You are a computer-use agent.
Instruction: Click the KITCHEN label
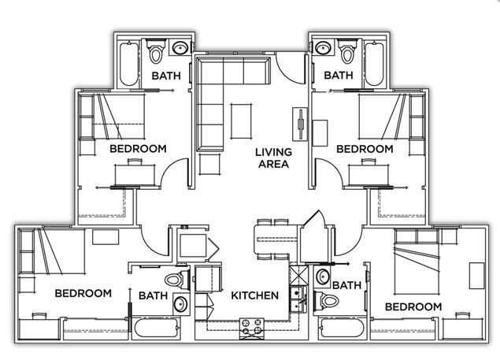click(x=254, y=295)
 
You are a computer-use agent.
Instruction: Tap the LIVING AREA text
click(x=273, y=158)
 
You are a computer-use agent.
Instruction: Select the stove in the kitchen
click(x=252, y=328)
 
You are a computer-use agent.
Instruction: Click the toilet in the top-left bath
click(x=156, y=51)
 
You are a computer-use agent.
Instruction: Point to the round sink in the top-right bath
click(x=322, y=48)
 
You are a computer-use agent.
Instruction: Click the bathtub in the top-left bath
click(x=129, y=64)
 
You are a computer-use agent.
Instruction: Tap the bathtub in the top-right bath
click(x=374, y=64)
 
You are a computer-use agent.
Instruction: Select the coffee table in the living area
click(x=241, y=121)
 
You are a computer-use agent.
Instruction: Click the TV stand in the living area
click(x=300, y=124)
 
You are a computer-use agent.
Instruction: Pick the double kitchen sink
click(x=298, y=299)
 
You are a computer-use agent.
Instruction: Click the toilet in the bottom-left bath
click(x=177, y=280)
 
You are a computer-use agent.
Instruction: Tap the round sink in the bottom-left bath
click(x=181, y=303)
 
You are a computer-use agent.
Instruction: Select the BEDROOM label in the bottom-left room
click(x=83, y=293)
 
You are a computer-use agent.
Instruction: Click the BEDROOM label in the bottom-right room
click(x=413, y=306)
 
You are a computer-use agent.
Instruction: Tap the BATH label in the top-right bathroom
click(x=339, y=76)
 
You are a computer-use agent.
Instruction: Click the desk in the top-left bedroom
click(x=135, y=174)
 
